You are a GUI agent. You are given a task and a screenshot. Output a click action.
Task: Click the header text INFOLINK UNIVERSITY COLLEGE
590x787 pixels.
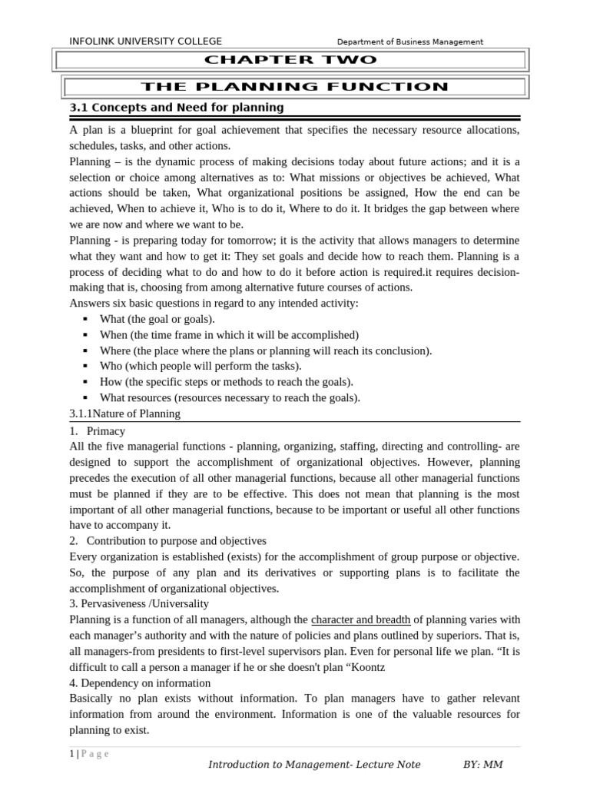point(145,42)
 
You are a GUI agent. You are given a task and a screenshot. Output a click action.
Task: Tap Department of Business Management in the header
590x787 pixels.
point(410,42)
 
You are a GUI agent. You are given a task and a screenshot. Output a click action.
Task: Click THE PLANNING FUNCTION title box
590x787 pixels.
point(294,87)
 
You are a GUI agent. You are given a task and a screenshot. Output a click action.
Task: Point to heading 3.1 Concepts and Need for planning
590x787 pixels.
point(177,108)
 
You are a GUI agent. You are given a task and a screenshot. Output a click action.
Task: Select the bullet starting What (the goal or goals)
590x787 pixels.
point(157,319)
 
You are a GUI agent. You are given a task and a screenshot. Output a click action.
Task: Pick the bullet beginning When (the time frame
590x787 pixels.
point(218,335)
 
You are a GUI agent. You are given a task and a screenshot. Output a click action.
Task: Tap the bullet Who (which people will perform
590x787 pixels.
point(201,367)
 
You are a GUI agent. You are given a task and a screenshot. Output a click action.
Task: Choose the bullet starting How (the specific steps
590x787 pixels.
point(227,382)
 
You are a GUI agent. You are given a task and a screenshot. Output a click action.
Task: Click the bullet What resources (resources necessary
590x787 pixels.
point(230,398)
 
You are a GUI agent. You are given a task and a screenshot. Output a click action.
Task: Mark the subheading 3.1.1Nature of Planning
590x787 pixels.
point(125,413)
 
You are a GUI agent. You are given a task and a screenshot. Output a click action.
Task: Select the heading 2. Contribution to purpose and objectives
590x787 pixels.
point(167,541)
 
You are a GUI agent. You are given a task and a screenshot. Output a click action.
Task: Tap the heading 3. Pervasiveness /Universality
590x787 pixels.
point(139,604)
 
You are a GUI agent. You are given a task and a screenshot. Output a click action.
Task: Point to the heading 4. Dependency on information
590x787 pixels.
point(140,682)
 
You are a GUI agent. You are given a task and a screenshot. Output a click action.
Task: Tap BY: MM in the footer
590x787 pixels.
point(482,765)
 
